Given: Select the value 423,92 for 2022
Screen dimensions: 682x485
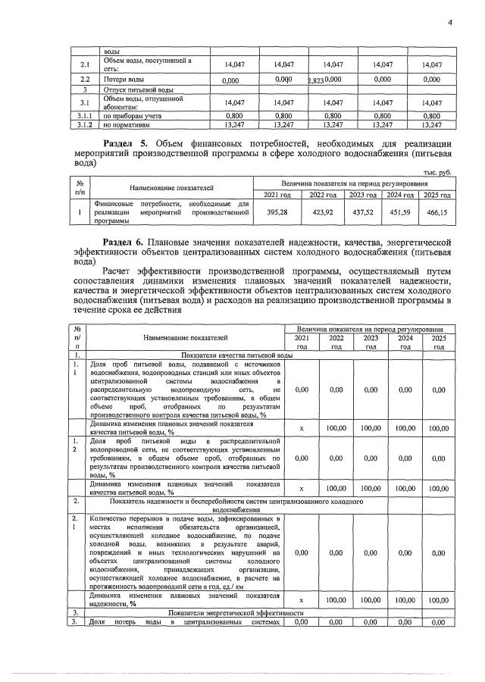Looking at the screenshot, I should click(x=323, y=214).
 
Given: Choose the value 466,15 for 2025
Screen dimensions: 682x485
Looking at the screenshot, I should click(x=435, y=214).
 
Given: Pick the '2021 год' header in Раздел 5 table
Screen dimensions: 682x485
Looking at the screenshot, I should click(x=279, y=196).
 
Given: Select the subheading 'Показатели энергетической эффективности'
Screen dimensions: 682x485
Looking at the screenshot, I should click(x=236, y=612).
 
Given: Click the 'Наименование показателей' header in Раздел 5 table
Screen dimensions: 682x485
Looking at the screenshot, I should click(x=171, y=187).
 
